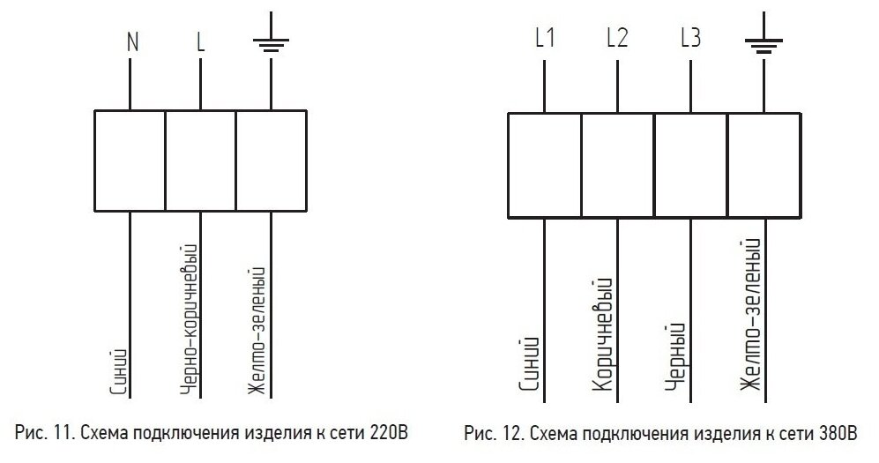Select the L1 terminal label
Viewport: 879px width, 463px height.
pos(544,39)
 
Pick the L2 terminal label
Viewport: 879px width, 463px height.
pos(617,39)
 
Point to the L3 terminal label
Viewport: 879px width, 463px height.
pos(691,39)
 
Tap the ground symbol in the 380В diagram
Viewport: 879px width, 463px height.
pos(764,41)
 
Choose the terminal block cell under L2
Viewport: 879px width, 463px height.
pos(617,166)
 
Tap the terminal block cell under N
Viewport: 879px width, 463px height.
pos(130,161)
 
